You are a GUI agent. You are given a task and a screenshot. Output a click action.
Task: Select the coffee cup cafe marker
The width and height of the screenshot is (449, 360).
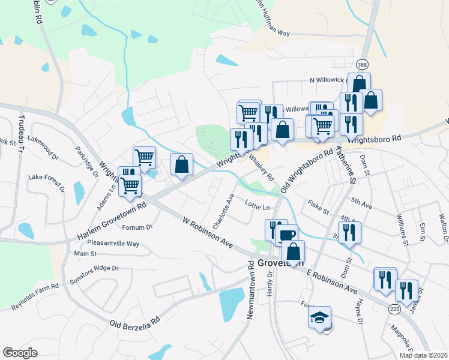(x=288, y=235)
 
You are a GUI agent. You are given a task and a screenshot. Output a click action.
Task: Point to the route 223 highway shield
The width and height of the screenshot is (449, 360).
(x=394, y=308)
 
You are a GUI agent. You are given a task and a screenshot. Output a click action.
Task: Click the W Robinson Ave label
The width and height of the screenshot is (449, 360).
(x=208, y=234)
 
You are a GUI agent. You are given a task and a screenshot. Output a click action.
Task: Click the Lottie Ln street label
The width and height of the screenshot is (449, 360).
(x=257, y=207)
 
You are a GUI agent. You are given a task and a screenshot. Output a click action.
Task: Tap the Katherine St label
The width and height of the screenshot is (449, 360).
(x=346, y=166)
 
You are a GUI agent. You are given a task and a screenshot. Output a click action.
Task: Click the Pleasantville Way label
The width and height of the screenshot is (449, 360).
(x=113, y=244)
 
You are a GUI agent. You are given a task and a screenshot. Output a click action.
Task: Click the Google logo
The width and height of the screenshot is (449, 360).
(x=20, y=352)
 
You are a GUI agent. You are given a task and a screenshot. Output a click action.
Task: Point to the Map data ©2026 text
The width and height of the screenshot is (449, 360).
(x=423, y=355)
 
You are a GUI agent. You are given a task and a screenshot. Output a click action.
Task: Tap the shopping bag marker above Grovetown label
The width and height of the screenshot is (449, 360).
(x=293, y=251)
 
